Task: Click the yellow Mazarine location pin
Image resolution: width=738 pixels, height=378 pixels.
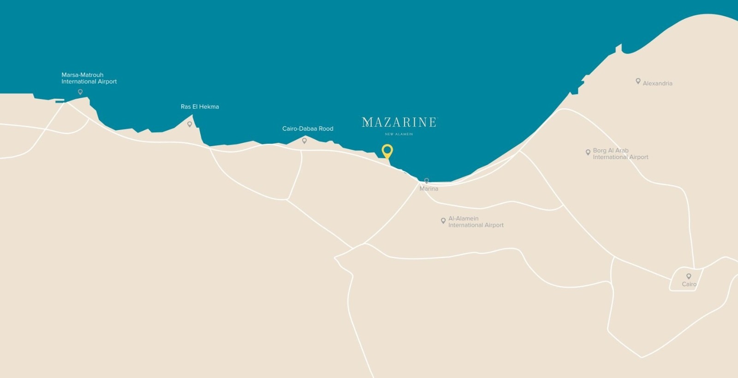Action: (387, 151)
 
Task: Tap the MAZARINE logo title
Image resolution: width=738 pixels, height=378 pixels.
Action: (399, 122)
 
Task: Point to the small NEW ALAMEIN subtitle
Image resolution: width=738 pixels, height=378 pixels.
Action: (399, 134)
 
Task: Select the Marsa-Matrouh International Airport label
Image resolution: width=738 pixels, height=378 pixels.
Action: (89, 78)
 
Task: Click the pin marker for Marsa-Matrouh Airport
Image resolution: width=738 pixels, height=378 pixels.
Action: (80, 92)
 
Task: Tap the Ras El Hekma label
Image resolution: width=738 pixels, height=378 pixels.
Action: (200, 106)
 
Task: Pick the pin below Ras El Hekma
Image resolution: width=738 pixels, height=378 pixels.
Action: (190, 124)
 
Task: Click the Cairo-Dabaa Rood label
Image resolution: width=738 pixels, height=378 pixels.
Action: (308, 129)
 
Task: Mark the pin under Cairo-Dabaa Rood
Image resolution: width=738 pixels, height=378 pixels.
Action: (304, 141)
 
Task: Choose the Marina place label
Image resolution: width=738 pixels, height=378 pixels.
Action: (429, 189)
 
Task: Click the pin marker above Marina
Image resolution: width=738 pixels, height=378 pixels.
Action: (427, 181)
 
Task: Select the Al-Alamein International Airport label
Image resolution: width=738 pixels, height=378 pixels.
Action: (476, 222)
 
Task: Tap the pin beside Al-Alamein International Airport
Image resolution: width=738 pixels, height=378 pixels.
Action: (443, 221)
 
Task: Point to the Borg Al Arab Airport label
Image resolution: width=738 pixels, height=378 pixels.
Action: (620, 154)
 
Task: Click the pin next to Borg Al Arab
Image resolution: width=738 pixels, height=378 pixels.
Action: (588, 152)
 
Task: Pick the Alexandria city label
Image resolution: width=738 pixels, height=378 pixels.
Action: (657, 83)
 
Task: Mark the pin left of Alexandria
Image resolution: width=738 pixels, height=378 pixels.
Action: (638, 81)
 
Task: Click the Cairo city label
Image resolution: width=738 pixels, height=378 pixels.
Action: (689, 284)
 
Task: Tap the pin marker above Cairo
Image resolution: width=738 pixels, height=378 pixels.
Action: (689, 276)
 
